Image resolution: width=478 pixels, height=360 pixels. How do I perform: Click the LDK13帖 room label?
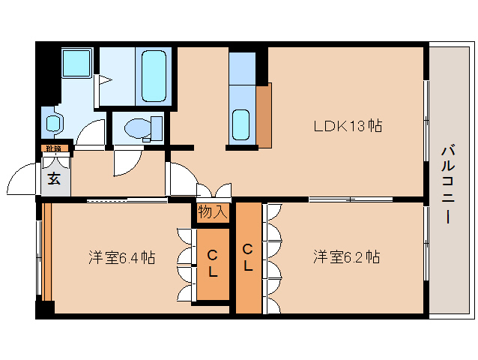348,126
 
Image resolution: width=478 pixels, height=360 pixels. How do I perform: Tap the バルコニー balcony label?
447,183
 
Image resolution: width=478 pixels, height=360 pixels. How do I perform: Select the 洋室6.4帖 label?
121,258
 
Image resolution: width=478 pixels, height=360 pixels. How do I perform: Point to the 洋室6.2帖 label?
346,258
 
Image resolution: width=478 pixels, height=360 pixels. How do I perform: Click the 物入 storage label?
212,212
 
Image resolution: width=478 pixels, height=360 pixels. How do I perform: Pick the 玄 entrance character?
55,178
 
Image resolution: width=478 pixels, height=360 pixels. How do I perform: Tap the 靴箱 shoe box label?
53,148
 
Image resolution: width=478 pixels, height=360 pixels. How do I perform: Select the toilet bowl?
136,129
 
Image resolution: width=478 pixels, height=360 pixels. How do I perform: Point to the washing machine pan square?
77,64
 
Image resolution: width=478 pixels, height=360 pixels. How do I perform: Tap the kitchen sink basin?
241,124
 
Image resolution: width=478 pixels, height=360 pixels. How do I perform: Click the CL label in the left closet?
212,263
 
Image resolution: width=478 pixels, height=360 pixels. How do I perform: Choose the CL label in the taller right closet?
248,257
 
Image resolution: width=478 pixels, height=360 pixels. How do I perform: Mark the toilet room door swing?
124,160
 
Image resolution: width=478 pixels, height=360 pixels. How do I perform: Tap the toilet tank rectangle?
157,127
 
